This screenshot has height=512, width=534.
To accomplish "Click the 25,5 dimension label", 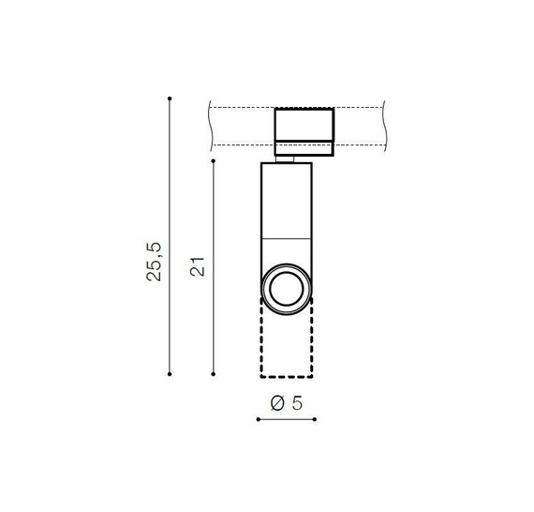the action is point(154,262).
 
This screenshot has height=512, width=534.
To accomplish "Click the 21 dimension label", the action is point(198,266).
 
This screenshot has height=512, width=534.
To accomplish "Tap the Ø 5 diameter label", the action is point(286,403).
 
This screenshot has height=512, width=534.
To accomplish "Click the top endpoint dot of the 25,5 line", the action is point(170,98).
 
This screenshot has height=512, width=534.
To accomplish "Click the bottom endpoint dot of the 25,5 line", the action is point(170,374).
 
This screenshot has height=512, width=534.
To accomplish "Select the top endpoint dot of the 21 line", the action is point(214,160).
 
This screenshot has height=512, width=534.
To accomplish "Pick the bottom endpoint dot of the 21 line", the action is point(214,374).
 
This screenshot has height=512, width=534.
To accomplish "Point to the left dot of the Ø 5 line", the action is point(259,419).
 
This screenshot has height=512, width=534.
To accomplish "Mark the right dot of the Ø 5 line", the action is point(315,419).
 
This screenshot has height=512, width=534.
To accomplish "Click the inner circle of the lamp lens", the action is point(286,273).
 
